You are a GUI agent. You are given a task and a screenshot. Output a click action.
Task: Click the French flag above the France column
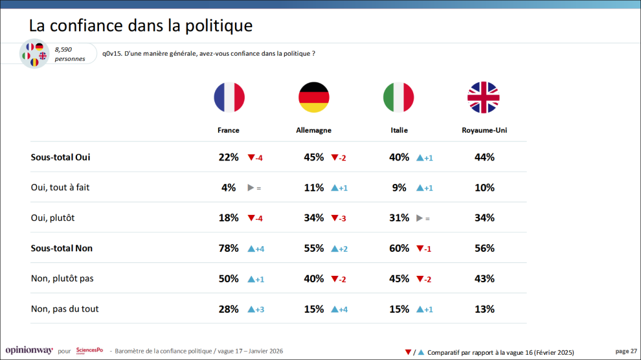point(229,98)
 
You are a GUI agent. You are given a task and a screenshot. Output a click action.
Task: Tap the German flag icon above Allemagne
point(313,98)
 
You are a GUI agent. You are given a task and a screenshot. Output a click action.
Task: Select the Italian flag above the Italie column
point(398,98)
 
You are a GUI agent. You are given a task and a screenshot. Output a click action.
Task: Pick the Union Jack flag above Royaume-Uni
point(484,98)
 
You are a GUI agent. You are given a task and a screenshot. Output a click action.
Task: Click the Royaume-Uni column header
point(484,130)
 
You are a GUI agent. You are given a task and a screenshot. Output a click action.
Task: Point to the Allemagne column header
point(313,130)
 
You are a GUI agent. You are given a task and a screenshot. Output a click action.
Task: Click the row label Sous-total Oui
point(60,157)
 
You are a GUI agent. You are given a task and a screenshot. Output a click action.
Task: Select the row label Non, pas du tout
point(65,309)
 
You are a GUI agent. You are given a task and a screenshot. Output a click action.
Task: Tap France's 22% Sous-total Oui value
point(229,157)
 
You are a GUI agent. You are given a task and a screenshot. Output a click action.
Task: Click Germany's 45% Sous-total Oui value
point(314,157)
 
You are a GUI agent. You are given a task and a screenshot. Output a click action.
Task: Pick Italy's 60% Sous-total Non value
point(399,249)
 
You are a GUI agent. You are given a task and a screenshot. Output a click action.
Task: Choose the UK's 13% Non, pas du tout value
point(484,309)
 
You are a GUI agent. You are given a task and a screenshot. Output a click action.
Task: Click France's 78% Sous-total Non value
point(229,249)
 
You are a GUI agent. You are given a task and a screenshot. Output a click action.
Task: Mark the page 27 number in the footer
point(625,351)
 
